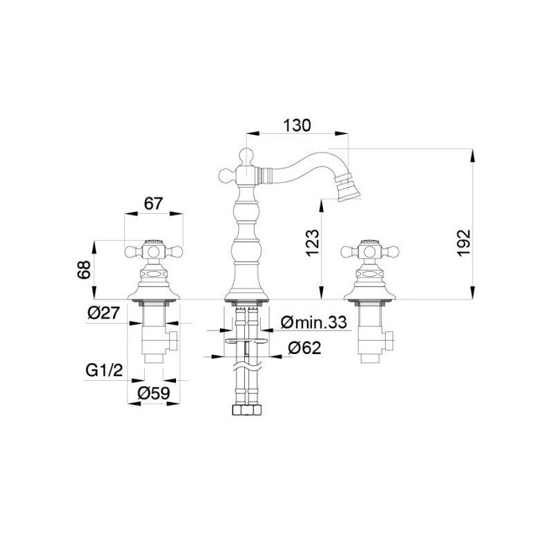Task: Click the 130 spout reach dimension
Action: [x=297, y=126]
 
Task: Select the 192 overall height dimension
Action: [x=464, y=243]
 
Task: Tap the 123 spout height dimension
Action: [x=313, y=243]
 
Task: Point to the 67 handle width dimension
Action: [x=153, y=204]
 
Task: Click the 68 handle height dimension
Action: [x=84, y=270]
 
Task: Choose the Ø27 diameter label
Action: [x=104, y=313]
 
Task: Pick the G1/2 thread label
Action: [x=104, y=370]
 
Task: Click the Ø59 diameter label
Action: [x=154, y=393]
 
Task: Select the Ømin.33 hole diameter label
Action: [x=314, y=322]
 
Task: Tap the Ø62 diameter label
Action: [x=304, y=348]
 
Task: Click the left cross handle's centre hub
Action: [x=153, y=252]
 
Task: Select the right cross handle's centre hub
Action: [x=370, y=252]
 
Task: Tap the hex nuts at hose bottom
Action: [x=247, y=411]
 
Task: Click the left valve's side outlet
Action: [x=172, y=341]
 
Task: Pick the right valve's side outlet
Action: [x=388, y=341]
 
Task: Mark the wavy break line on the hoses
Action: [x=247, y=367]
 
